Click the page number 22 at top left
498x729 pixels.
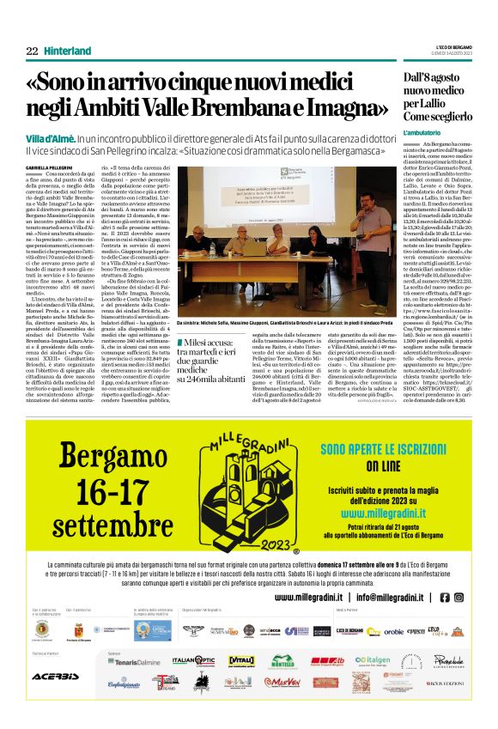pos(32,52)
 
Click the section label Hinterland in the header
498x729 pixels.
pos(68,52)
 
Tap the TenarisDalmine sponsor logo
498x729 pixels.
pos(133,661)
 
